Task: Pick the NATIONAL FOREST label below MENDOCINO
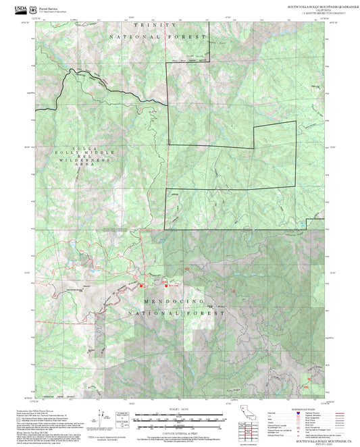[175, 313]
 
